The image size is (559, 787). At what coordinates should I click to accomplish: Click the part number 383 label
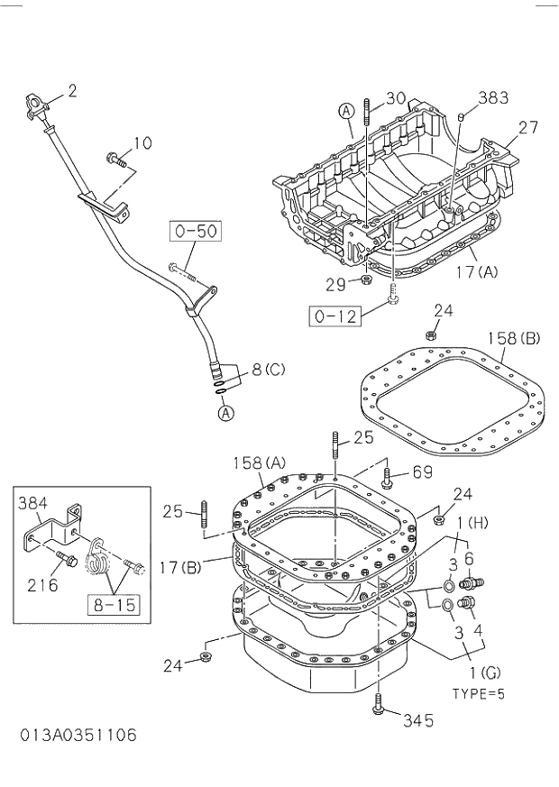[494, 97]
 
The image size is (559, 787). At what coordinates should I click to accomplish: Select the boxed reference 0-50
[197, 232]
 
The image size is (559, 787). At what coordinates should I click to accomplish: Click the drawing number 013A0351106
[78, 735]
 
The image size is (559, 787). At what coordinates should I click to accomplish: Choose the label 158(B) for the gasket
[514, 339]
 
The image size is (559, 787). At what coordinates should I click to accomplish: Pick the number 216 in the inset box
[42, 585]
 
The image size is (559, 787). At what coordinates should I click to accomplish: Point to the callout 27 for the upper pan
[528, 128]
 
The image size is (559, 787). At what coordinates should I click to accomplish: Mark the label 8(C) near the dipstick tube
[269, 368]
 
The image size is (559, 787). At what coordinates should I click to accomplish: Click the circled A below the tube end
[225, 413]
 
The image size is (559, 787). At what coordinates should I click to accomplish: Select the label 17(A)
[476, 270]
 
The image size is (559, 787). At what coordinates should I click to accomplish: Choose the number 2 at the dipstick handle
[72, 90]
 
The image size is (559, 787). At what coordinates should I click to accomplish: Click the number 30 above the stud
[396, 98]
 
